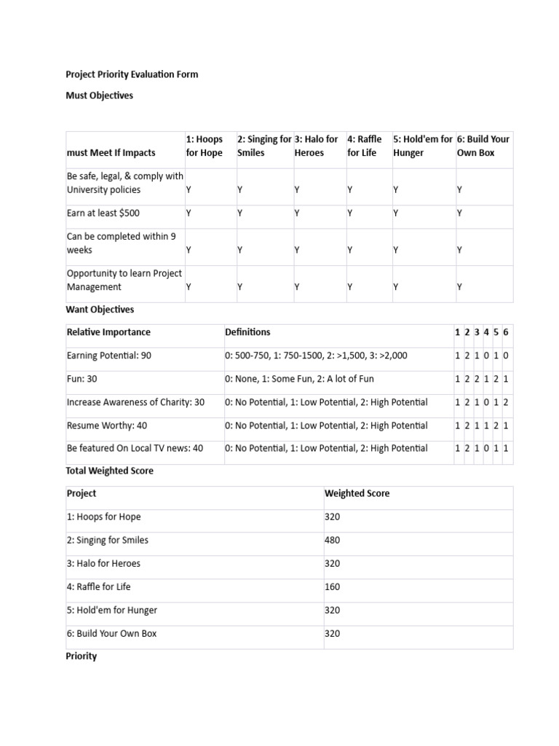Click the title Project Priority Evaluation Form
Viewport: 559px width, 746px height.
132,74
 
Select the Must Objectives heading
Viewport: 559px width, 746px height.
100,95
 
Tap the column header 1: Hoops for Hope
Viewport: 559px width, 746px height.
205,146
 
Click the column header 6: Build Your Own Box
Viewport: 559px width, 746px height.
483,146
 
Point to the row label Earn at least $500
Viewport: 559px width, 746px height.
103,213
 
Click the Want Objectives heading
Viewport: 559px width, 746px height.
100,310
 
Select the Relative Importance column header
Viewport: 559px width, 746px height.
109,332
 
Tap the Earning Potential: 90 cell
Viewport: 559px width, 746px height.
109,356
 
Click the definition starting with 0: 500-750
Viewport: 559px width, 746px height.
316,356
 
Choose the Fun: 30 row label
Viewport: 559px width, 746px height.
82,379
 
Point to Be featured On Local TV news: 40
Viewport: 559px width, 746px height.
135,448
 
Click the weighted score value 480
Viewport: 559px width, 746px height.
333,541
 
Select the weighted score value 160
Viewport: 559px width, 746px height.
333,587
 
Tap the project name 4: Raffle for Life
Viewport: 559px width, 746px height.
99,587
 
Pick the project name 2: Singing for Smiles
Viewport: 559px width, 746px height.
108,541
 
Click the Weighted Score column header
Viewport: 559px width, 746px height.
357,494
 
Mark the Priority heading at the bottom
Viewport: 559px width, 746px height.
82,656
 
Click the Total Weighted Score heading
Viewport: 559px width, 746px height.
110,471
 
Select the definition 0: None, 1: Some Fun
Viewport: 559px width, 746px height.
299,379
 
